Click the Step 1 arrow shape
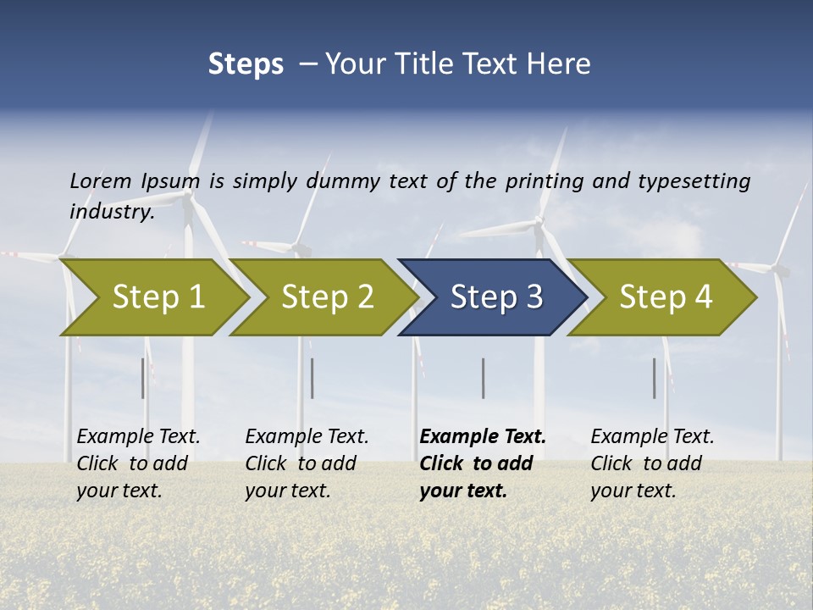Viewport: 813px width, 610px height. coord(158,297)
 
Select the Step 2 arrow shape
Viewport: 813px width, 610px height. coord(327,297)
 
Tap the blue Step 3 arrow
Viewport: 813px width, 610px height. coord(496,297)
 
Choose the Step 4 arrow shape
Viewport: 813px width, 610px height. coord(666,297)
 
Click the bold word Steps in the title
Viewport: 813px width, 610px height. coord(246,64)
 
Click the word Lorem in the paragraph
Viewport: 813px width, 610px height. coord(101,180)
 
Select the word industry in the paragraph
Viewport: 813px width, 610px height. coord(112,211)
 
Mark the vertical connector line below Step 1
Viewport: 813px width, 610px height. coord(143,378)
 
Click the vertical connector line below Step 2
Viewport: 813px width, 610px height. coord(312,378)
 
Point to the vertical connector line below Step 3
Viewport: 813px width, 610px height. coord(483,378)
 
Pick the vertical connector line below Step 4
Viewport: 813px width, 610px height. coord(654,378)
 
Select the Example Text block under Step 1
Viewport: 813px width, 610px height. coord(138,463)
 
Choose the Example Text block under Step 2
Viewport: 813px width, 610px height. coord(307,463)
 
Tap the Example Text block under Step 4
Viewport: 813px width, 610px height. coord(652,463)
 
